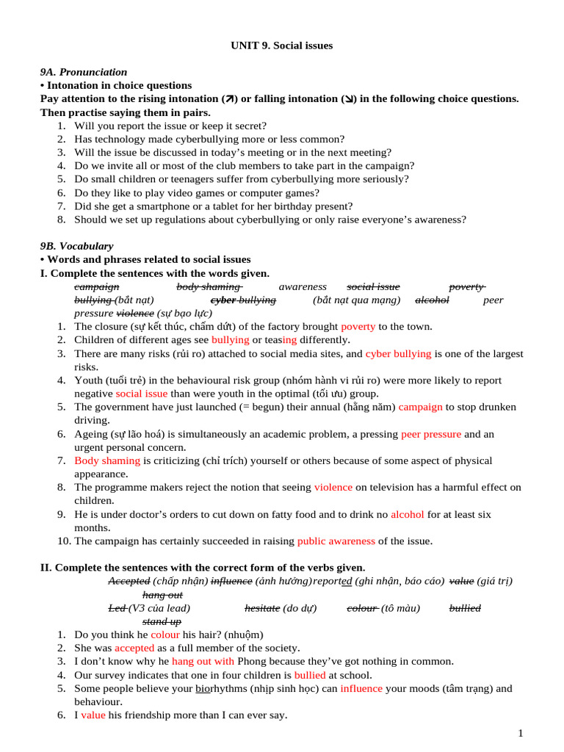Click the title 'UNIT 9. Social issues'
pyautogui.click(x=282, y=46)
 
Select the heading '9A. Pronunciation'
pyautogui.click(x=83, y=72)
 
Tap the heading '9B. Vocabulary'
pyautogui.click(x=76, y=246)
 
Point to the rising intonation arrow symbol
pyautogui.click(x=228, y=99)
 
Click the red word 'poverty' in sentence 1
pyautogui.click(x=358, y=326)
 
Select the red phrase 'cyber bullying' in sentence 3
pyautogui.click(x=398, y=353)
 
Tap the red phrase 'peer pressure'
pyautogui.click(x=431, y=434)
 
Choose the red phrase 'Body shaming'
pyautogui.click(x=107, y=460)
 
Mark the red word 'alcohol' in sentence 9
pyautogui.click(x=407, y=514)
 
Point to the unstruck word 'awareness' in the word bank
pyautogui.click(x=303, y=286)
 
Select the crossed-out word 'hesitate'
pyautogui.click(x=262, y=608)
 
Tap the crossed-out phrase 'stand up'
pyautogui.click(x=162, y=621)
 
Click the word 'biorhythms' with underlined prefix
pyautogui.click(x=222, y=688)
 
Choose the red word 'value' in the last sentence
pyautogui.click(x=93, y=715)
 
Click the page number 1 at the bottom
pyautogui.click(x=520, y=733)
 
